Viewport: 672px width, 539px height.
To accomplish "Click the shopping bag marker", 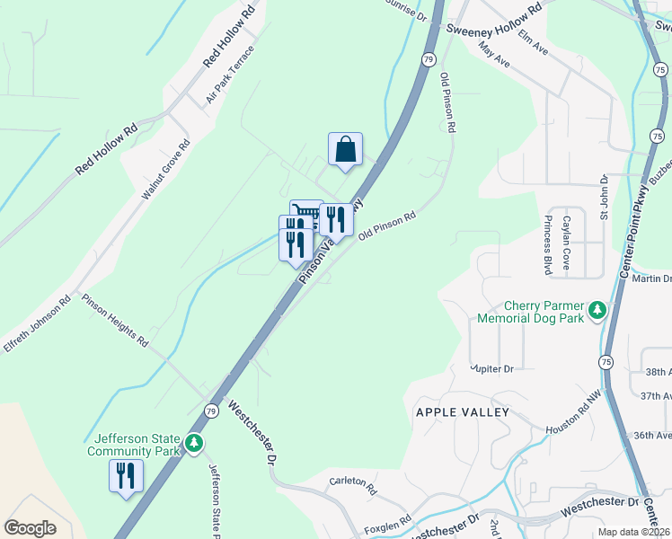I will point(345,151).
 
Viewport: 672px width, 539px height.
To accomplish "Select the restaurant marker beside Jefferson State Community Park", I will point(125,474).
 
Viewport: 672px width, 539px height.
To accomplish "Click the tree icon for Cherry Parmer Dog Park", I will point(597,312).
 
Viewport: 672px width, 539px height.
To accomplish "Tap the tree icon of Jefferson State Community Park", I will point(193,444).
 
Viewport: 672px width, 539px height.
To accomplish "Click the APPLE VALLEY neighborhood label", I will point(462,412).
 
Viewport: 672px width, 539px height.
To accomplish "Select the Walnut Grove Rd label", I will point(166,169).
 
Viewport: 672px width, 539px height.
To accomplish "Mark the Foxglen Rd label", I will point(389,522).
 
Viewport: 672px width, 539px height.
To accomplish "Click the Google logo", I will point(30,528).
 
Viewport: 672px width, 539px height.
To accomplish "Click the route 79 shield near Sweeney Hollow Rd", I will point(428,58).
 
